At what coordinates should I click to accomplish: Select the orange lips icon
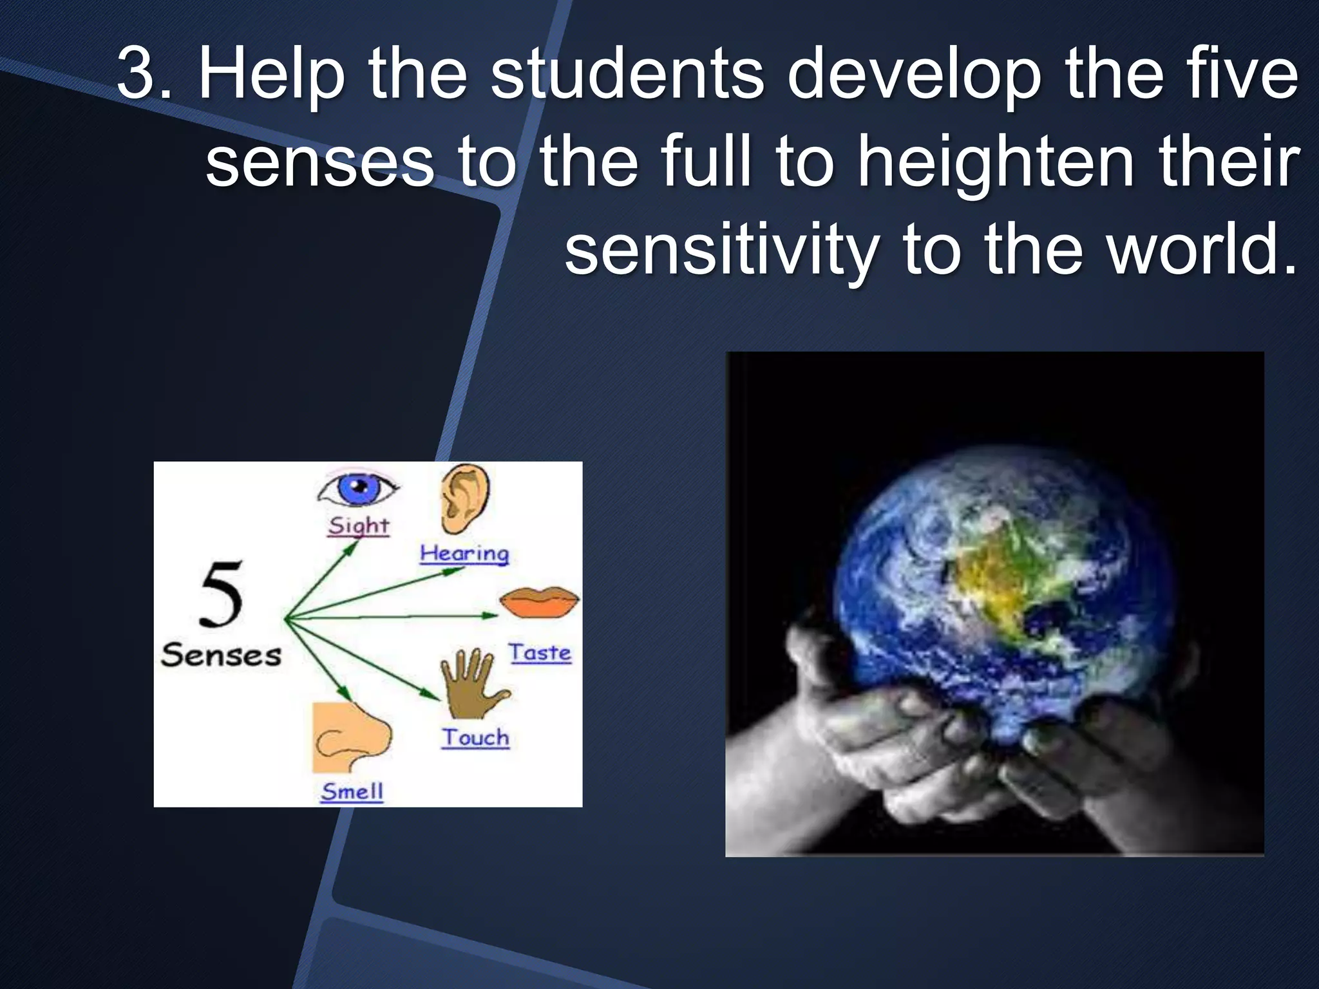coord(540,603)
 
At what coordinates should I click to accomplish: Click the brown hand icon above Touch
coord(471,684)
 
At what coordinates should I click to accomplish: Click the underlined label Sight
coord(358,526)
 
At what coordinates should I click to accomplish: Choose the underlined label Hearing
coord(464,554)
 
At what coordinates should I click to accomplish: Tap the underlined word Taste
coord(540,653)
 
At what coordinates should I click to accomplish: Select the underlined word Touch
coord(475,738)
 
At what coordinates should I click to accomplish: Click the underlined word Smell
coord(352,791)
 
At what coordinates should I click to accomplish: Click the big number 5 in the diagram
coord(221,594)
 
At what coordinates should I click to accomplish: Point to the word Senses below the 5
coord(221,655)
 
